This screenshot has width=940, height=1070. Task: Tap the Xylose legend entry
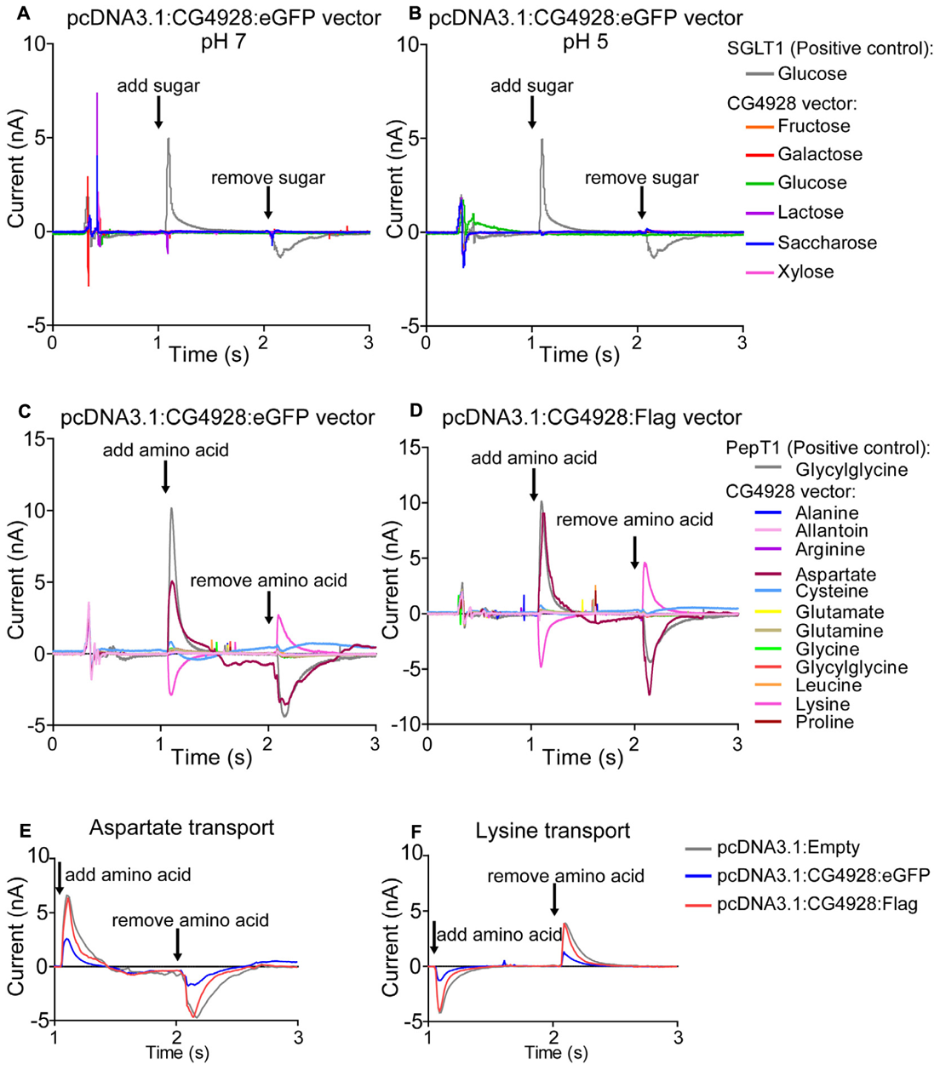click(805, 272)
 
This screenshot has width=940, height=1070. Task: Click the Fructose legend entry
click(813, 127)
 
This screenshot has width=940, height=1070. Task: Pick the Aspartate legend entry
click(835, 575)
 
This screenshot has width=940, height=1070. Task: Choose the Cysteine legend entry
click(831, 592)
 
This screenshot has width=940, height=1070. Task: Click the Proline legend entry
click(824, 723)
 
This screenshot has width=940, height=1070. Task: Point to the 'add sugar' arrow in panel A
click(158, 112)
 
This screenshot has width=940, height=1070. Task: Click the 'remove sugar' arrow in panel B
click(641, 203)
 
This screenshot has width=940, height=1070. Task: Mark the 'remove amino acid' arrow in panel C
click(269, 606)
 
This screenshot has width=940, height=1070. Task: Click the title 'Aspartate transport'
click(181, 827)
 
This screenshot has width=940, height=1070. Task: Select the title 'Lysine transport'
click(553, 831)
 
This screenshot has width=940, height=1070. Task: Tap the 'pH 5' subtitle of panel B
click(585, 42)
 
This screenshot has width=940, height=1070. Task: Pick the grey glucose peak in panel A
click(169, 140)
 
